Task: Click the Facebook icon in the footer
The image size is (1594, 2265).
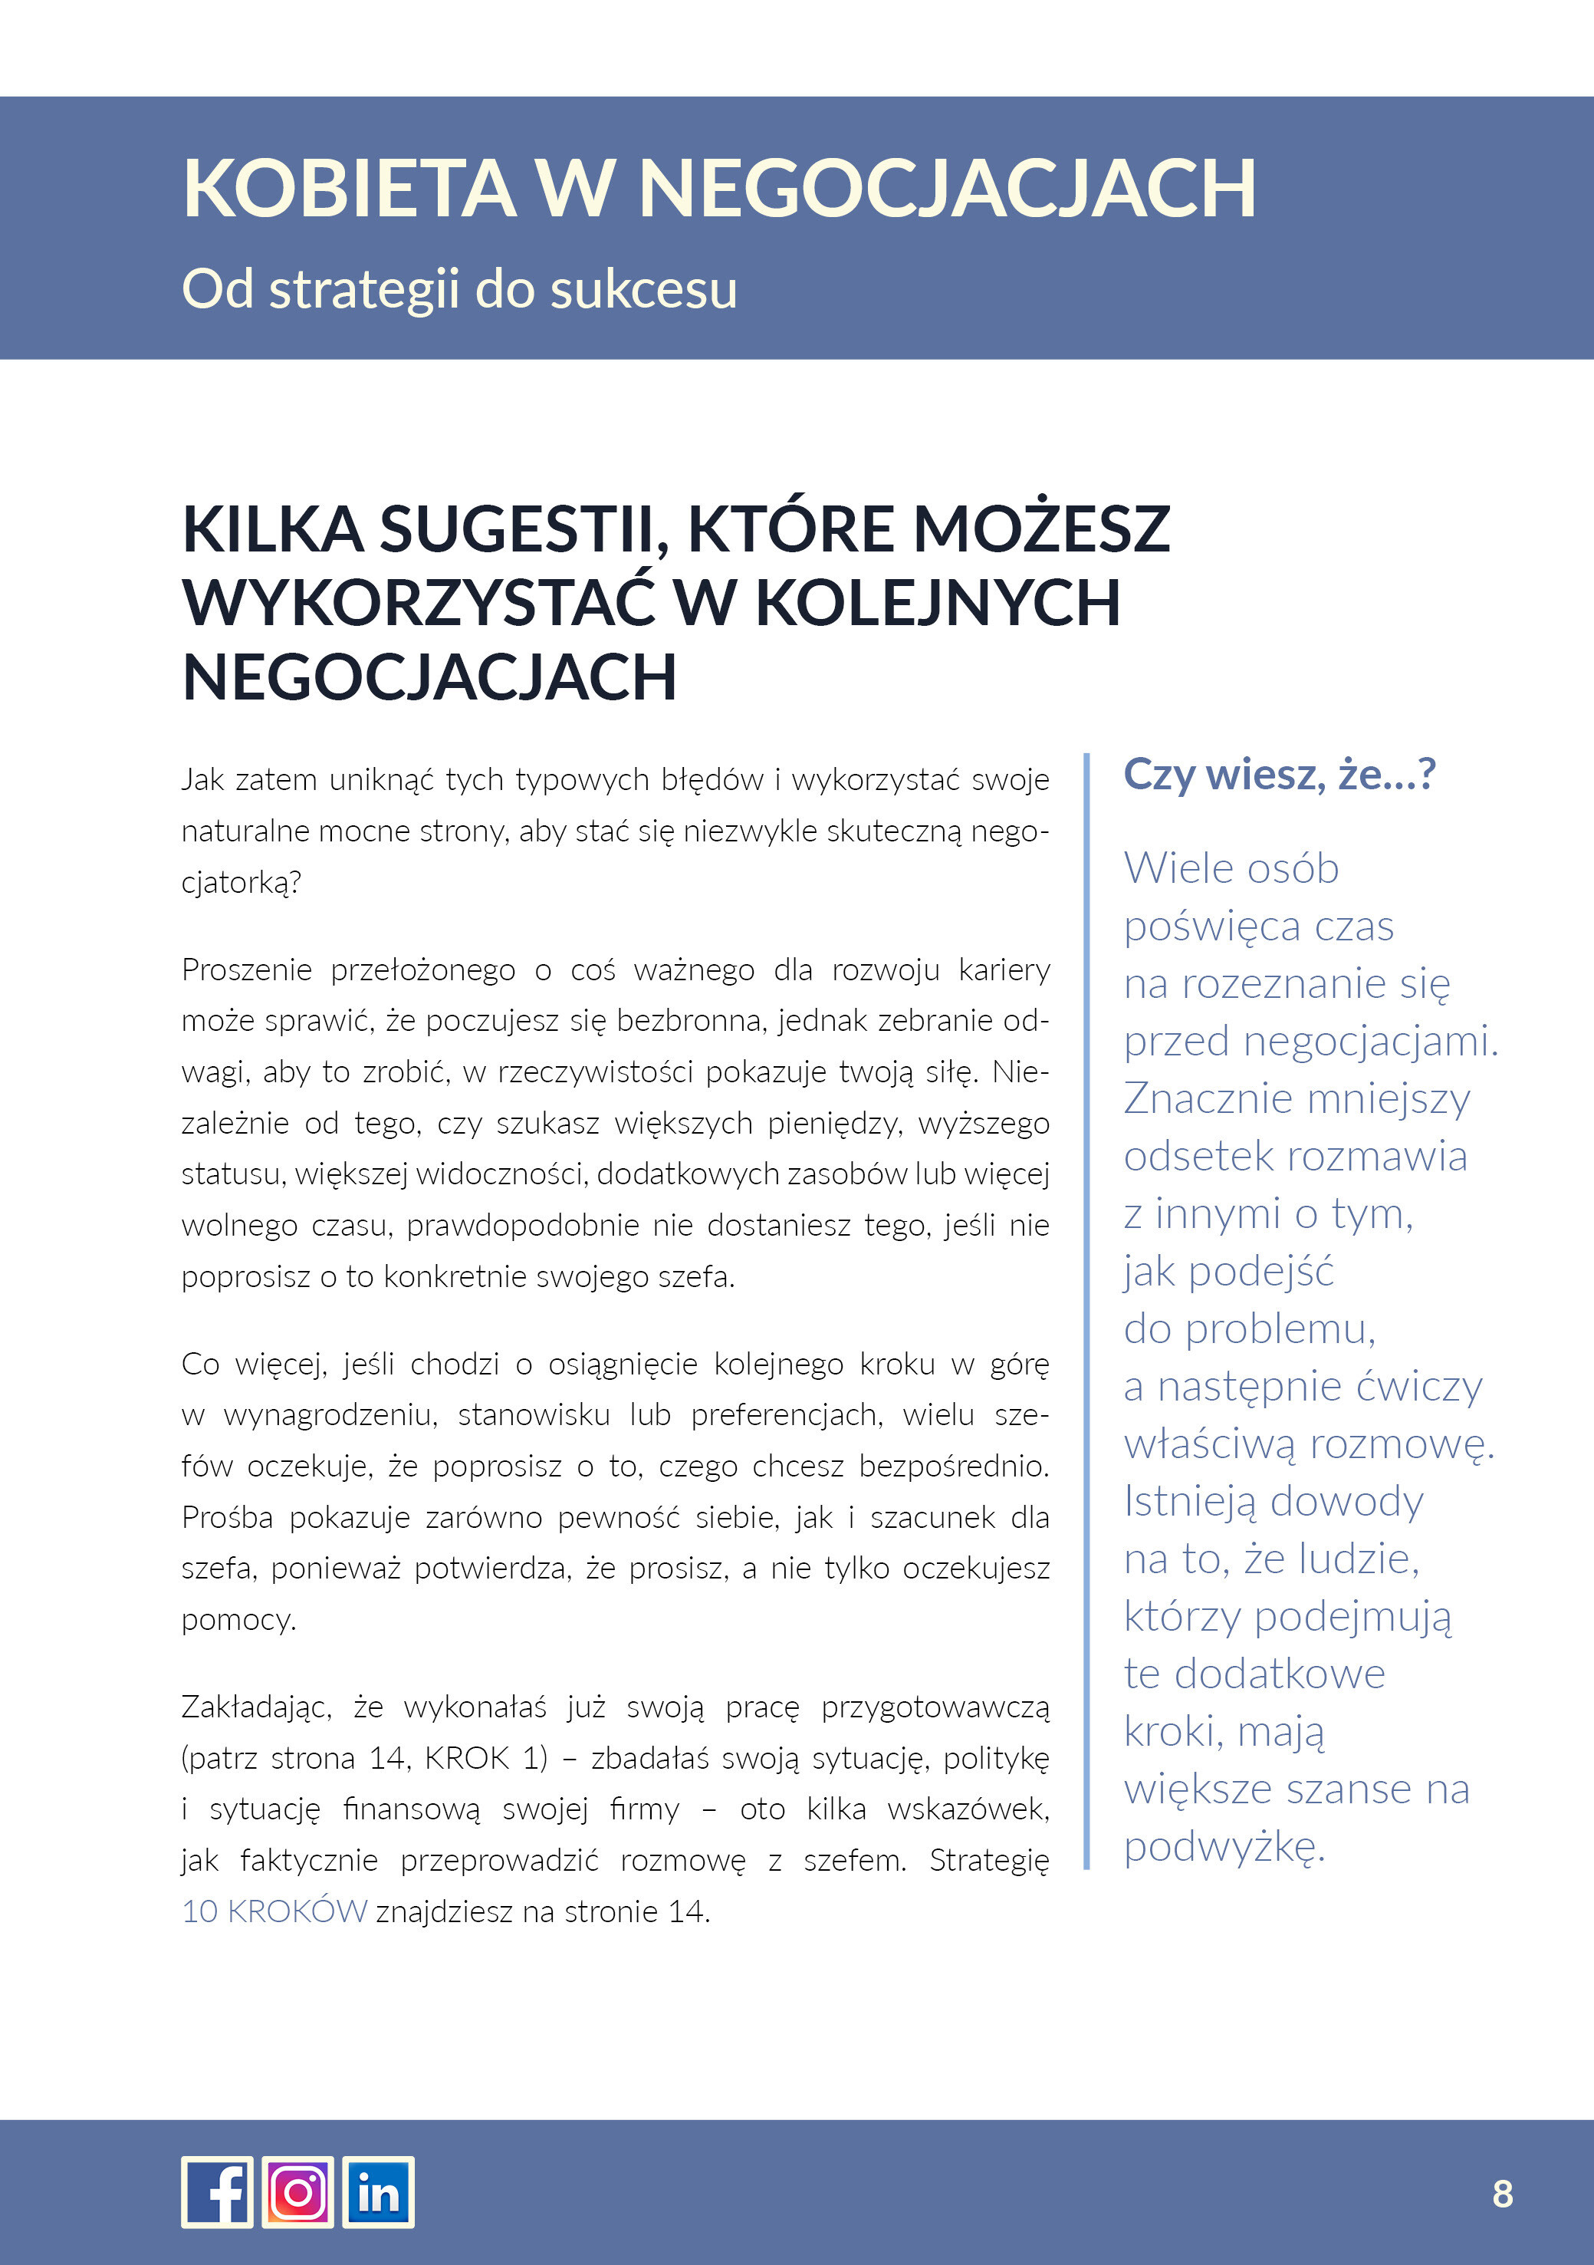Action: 217,2192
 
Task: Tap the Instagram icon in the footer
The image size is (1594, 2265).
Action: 298,2192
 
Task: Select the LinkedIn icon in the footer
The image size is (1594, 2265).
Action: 378,2192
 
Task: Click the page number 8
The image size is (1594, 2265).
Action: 1501,2193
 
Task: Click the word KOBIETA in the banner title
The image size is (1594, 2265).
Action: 349,189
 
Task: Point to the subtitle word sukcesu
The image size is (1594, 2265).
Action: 643,290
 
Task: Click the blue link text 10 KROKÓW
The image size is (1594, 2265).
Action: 274,1911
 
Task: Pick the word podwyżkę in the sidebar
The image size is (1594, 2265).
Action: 1223,1845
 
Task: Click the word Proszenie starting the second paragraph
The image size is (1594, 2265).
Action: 247,970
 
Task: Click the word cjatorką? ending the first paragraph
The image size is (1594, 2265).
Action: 241,882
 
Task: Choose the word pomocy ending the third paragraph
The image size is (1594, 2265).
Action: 238,1620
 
